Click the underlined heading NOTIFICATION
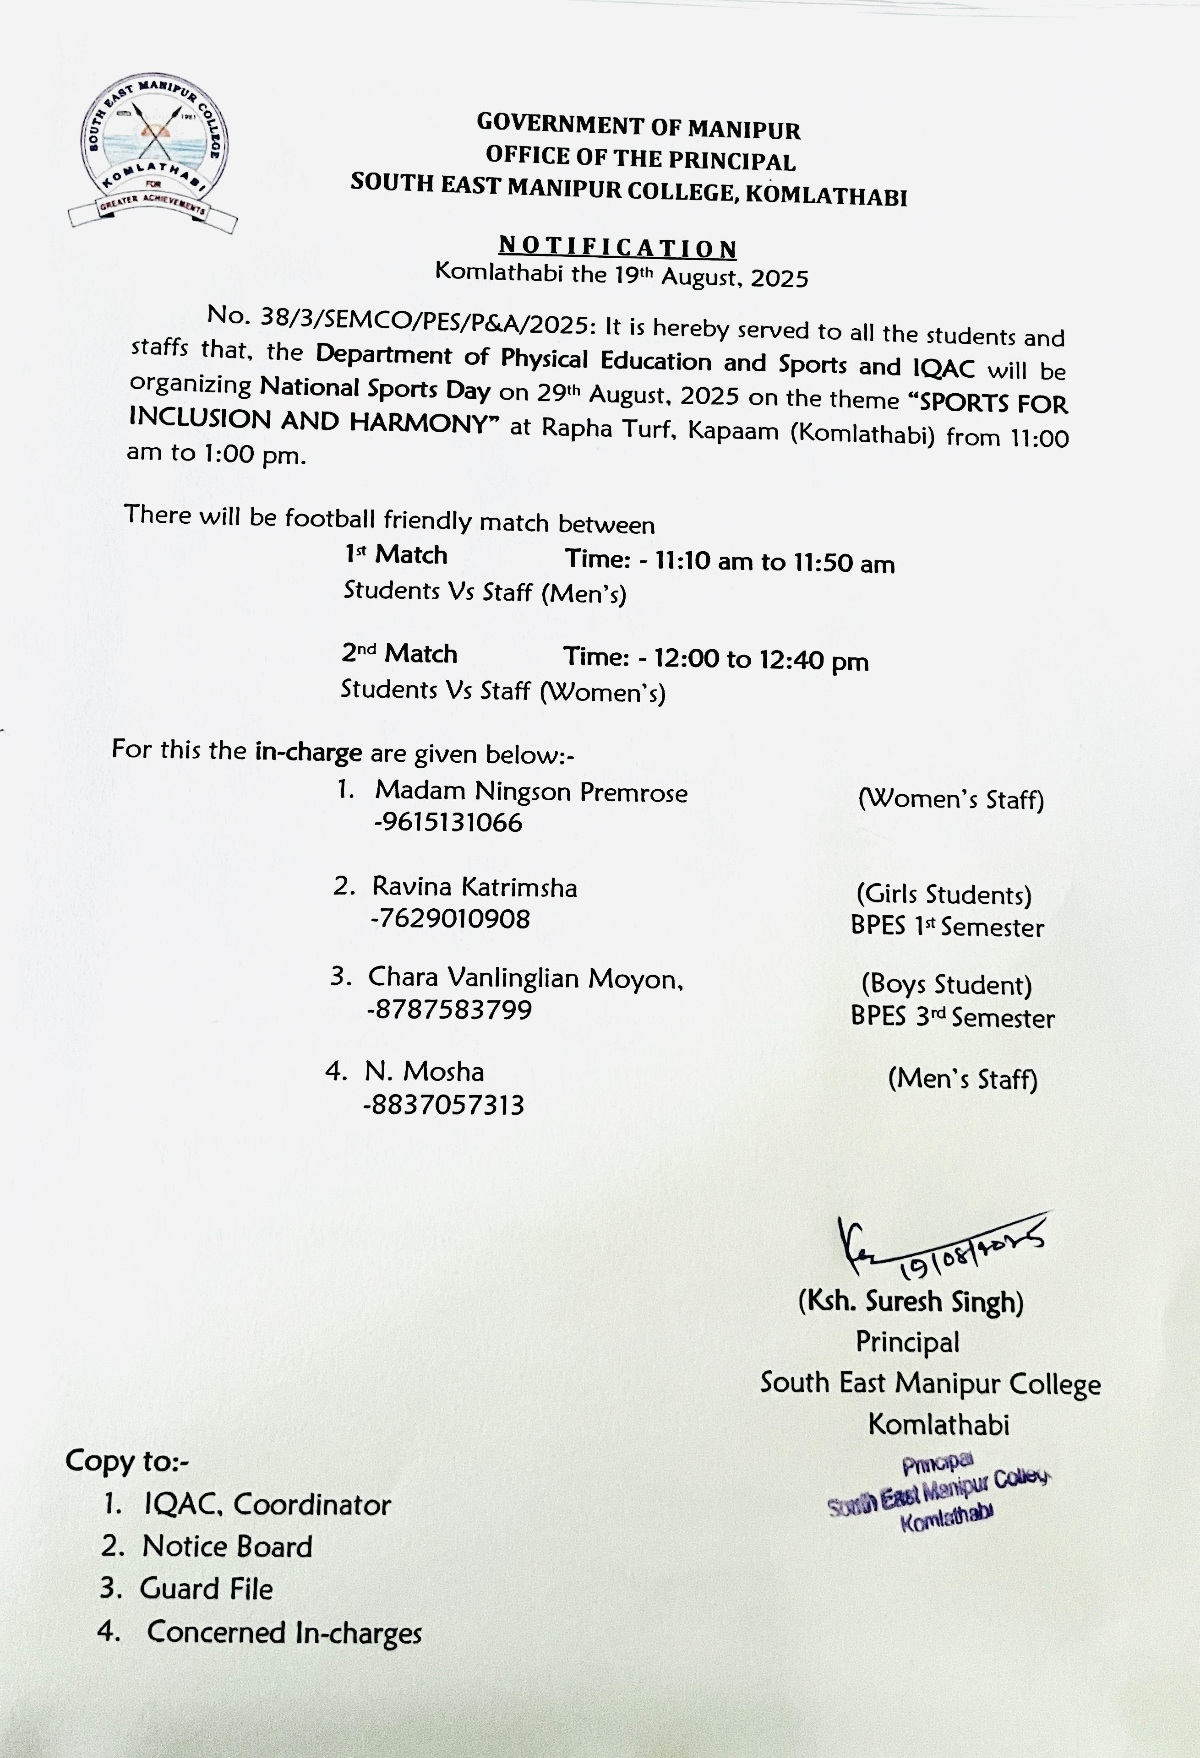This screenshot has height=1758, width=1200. tap(617, 247)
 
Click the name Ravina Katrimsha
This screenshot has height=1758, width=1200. tap(475, 887)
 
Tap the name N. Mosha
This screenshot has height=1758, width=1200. tap(425, 1071)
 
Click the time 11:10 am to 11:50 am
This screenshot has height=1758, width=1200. tap(775, 562)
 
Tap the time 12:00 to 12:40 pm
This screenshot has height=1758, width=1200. tap(761, 660)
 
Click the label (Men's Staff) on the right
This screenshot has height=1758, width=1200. tap(962, 1079)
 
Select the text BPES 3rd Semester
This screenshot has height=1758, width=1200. tap(952, 1017)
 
